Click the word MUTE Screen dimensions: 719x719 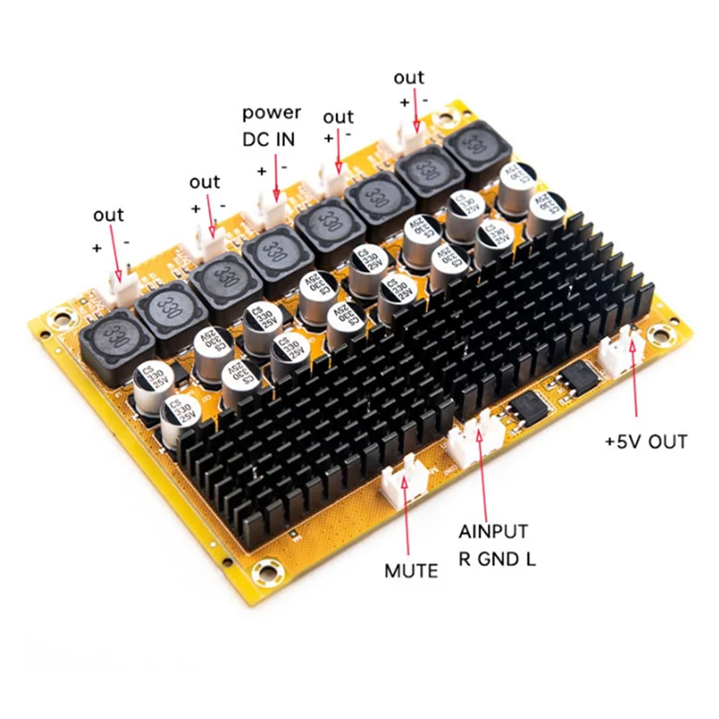411,571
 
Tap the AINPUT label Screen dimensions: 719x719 493,532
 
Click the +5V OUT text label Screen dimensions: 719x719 645,441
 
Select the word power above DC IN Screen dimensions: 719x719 272,113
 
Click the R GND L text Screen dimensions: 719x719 497,559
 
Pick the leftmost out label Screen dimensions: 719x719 109,215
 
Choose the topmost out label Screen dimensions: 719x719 409,77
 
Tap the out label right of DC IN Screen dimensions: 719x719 338,117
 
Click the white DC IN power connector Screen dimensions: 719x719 272,210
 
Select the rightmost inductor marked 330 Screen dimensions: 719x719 476,145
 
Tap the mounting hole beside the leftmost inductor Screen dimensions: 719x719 61,316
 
